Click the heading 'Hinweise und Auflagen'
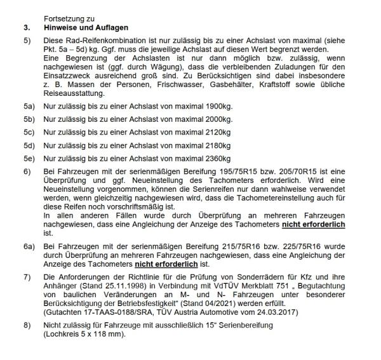click(86, 28)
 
